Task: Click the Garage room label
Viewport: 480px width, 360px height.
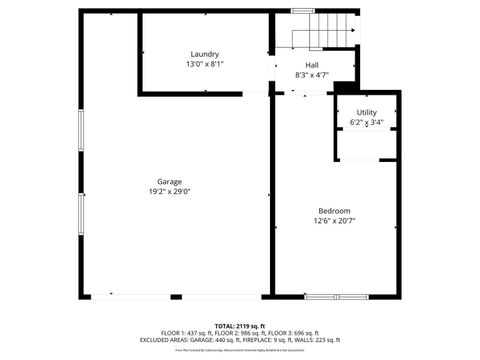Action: coord(169,181)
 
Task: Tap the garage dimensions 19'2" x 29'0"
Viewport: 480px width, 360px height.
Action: coord(169,191)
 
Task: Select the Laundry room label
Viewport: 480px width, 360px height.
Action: coord(205,54)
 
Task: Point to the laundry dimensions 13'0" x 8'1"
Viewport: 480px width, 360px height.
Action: coord(205,64)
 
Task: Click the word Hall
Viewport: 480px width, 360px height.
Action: coord(312,64)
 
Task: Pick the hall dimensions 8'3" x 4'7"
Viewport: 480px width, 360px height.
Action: coord(312,74)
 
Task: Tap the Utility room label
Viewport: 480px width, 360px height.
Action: coord(367,112)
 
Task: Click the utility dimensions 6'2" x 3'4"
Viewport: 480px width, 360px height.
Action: coord(367,122)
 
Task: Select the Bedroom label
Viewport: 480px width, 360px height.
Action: coord(334,210)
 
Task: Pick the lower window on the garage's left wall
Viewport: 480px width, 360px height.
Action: coord(81,219)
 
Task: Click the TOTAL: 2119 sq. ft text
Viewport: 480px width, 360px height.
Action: coord(240,326)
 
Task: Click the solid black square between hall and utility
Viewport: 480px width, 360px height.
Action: coord(343,88)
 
